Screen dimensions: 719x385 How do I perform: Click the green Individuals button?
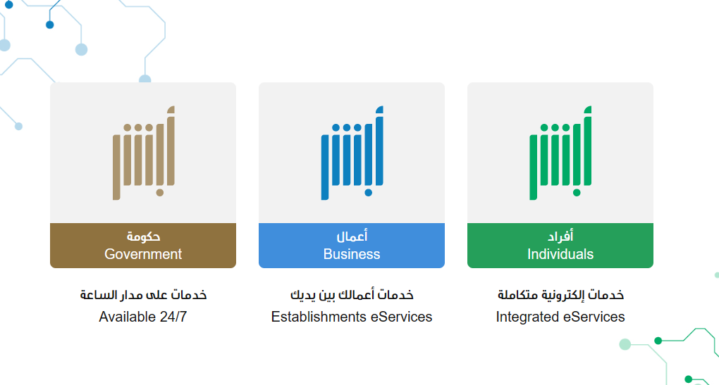pos(560,246)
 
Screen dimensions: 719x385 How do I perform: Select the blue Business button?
pos(351,246)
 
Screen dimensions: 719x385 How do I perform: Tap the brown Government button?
pos(142,246)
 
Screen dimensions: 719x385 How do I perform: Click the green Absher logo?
pos(560,153)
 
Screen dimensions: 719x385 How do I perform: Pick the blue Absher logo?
pos(352,153)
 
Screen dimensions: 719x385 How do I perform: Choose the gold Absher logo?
pos(144,153)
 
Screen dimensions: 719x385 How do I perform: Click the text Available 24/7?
pos(142,317)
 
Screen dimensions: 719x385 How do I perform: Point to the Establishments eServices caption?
pos(351,317)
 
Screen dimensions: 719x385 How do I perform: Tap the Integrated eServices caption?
pos(560,317)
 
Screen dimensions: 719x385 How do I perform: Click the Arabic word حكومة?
pos(143,236)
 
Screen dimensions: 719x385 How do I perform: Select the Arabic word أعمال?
pos(352,236)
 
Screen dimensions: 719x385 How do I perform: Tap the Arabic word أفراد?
pos(560,236)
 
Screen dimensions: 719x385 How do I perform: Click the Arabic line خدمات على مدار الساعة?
pos(143,295)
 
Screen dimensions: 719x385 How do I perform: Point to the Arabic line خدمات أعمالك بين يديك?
pos(352,295)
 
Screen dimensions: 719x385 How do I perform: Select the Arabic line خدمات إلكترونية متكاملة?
pos(560,295)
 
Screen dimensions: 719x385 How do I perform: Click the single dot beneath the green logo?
pos(577,193)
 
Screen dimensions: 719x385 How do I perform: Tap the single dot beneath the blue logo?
pos(368,193)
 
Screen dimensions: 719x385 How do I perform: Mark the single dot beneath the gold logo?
pos(159,193)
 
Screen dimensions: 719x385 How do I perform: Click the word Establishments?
pos(319,317)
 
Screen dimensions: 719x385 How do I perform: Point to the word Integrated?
pos(528,317)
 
